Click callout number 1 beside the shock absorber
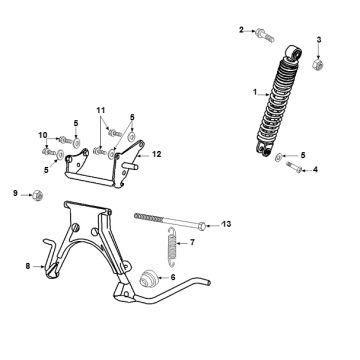[255, 93]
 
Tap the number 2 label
[241, 30]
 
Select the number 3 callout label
[319, 39]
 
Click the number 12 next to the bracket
[156, 155]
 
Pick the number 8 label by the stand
[27, 265]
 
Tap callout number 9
[15, 192]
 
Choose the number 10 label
[43, 136]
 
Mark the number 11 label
[100, 107]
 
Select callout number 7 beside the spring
[192, 242]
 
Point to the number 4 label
[315, 171]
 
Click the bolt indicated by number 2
[263, 36]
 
